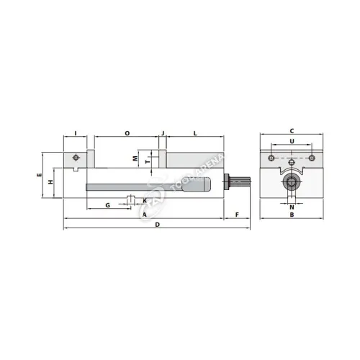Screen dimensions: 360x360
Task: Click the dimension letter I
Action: pos(75,133)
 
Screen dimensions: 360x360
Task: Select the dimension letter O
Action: pos(127,133)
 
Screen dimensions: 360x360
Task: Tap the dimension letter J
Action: pos(163,133)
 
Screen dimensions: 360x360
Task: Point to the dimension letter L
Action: pos(195,133)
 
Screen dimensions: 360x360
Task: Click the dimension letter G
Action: pos(107,205)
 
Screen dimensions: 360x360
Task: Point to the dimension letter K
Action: pos(144,200)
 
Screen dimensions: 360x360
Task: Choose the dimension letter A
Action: pos(144,215)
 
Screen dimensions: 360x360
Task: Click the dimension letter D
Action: pos(157,225)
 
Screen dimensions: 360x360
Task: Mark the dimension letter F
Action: pos(237,215)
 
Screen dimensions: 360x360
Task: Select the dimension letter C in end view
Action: pos(291,130)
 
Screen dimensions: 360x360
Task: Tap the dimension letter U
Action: pos(291,142)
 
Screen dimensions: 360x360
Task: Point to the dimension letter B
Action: pos(291,215)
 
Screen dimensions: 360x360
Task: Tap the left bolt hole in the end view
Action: pos(270,157)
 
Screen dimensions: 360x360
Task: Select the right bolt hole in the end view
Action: pos(312,157)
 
